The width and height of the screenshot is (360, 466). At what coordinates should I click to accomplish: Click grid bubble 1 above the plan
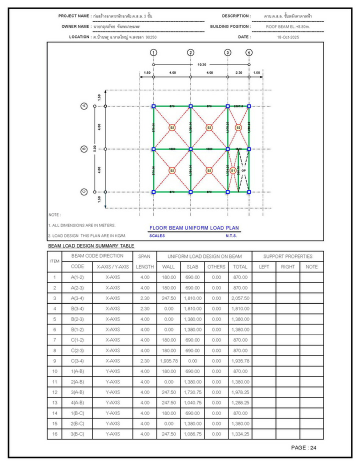(153, 52)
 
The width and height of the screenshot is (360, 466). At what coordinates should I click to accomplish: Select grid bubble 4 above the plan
(249, 52)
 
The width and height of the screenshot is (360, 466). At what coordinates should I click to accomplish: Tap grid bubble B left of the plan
(84, 149)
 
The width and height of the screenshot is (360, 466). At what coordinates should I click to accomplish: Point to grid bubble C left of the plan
(84, 191)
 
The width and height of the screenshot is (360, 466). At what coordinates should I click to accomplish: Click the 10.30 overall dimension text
(201, 64)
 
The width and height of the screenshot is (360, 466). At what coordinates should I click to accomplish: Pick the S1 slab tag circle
(233, 170)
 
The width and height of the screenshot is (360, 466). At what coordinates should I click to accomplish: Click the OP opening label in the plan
(243, 170)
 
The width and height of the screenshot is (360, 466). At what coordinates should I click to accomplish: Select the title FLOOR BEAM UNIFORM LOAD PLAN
(194, 228)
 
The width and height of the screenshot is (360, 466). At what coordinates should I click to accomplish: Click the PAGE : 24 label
(303, 447)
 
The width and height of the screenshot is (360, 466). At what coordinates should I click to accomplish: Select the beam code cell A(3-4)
(77, 298)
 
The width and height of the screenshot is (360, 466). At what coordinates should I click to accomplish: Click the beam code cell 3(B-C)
(77, 434)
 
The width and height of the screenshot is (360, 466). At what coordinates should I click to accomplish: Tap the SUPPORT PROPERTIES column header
(287, 256)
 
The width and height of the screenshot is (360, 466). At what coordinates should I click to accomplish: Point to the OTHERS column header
(216, 267)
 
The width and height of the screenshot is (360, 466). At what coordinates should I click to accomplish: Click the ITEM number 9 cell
(54, 360)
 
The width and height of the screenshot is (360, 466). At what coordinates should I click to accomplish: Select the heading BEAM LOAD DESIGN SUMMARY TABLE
(91, 246)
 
